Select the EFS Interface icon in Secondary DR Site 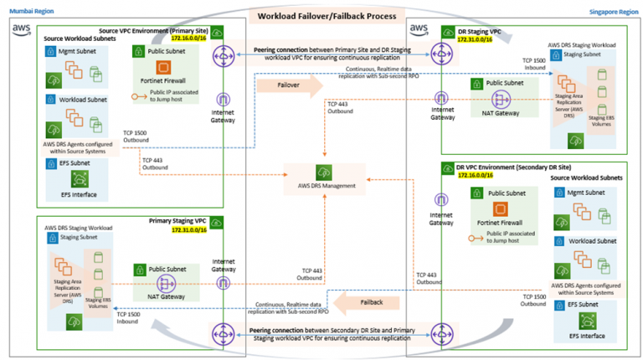pyautogui.click(x=587, y=323)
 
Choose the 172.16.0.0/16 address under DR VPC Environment pyautogui.click(x=475, y=177)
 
